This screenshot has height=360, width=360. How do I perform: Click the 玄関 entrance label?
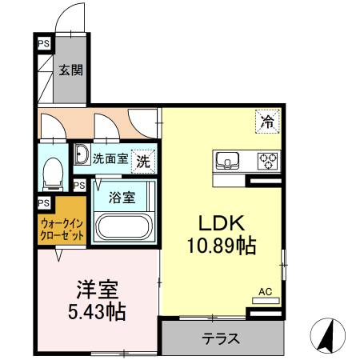[x=70, y=70]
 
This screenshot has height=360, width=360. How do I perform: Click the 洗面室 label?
[x=110, y=158]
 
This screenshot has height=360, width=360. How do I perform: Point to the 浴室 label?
[x=122, y=195]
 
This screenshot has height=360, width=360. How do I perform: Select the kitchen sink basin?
[x=227, y=161]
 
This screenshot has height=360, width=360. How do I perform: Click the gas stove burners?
[x=266, y=161]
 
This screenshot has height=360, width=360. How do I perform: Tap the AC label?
[x=265, y=293]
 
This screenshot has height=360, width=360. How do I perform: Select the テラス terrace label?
[x=221, y=338]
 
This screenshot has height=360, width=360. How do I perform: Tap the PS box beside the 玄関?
[x=43, y=45]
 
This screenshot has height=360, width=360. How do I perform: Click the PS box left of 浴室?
[x=79, y=186]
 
